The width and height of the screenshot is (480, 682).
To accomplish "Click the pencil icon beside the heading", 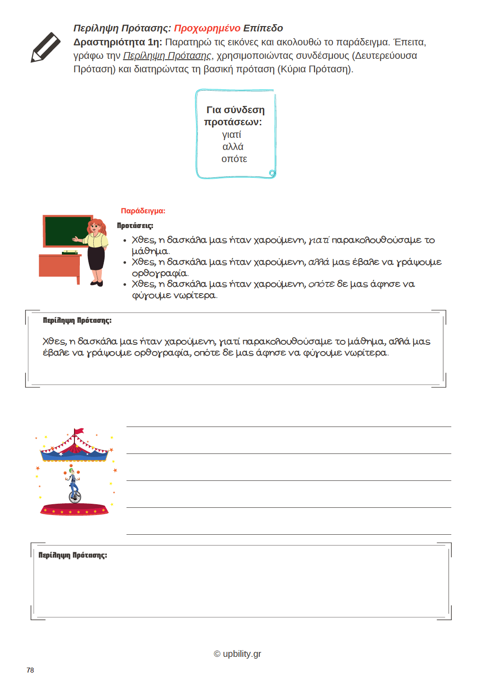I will tap(45, 47).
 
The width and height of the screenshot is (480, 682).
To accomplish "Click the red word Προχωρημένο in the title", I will tap(207, 28).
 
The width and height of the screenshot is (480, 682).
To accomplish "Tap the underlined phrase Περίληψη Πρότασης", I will tap(167, 56).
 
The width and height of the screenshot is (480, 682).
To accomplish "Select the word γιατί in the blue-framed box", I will tap(231, 135).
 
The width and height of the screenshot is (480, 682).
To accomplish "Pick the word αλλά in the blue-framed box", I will tap(233, 147).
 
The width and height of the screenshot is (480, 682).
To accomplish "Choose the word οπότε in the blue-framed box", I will tap(234, 159).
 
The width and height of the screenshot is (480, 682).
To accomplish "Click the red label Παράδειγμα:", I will tap(143, 211).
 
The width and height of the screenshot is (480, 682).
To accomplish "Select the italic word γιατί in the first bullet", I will tap(319, 240).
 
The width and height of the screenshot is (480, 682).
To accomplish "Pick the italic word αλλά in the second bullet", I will tap(319, 262).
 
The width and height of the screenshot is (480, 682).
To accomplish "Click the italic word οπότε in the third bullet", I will tap(321, 284).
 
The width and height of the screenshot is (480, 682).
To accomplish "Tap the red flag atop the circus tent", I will tap(79, 431).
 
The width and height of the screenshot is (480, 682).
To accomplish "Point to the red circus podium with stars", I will tap(74, 510).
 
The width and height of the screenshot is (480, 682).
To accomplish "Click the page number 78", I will tap(30, 670).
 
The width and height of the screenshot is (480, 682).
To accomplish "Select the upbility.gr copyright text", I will tap(237, 654).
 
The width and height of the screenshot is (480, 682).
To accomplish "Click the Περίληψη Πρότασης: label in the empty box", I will tap(73, 555).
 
